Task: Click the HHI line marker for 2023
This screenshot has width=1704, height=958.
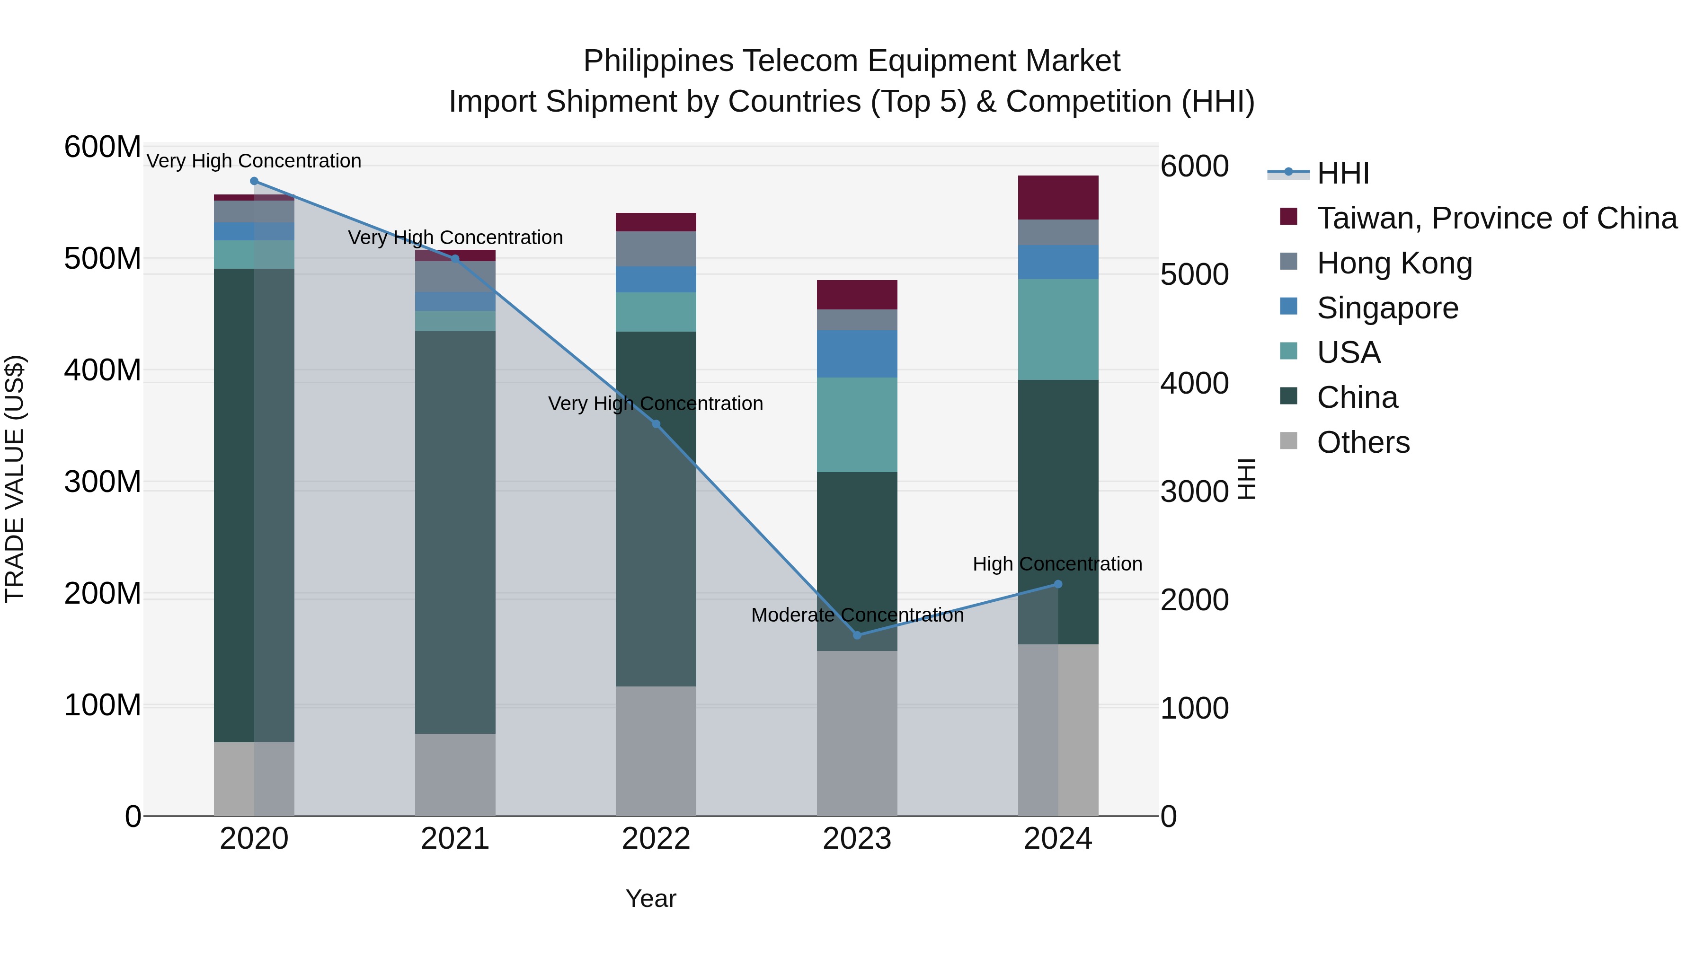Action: pyautogui.click(x=857, y=635)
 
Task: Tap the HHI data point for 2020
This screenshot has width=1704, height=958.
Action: pyautogui.click(x=254, y=181)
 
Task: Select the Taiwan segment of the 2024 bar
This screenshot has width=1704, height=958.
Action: pyautogui.click(x=1058, y=197)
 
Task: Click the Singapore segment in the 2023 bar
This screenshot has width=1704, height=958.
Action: pyautogui.click(x=857, y=354)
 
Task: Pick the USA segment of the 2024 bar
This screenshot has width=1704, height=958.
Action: pyautogui.click(x=1058, y=329)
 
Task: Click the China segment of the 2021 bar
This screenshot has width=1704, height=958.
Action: pyautogui.click(x=455, y=532)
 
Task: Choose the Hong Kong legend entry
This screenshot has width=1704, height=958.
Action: pyautogui.click(x=1394, y=263)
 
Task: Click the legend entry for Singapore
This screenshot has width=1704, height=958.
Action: pyautogui.click(x=1387, y=308)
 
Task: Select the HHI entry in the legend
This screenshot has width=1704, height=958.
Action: pyautogui.click(x=1343, y=173)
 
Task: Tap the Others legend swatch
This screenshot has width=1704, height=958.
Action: pyautogui.click(x=1288, y=441)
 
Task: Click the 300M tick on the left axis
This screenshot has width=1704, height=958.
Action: pyautogui.click(x=103, y=482)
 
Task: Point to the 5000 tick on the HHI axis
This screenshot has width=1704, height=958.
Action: pyautogui.click(x=1194, y=274)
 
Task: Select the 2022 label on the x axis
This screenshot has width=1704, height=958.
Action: pyautogui.click(x=656, y=839)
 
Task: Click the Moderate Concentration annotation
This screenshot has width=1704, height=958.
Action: pyautogui.click(x=857, y=615)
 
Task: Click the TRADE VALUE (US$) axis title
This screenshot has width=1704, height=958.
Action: pyautogui.click(x=15, y=479)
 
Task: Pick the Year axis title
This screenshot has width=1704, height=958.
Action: pyautogui.click(x=651, y=898)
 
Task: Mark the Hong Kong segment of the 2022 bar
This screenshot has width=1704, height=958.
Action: pyautogui.click(x=656, y=248)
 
